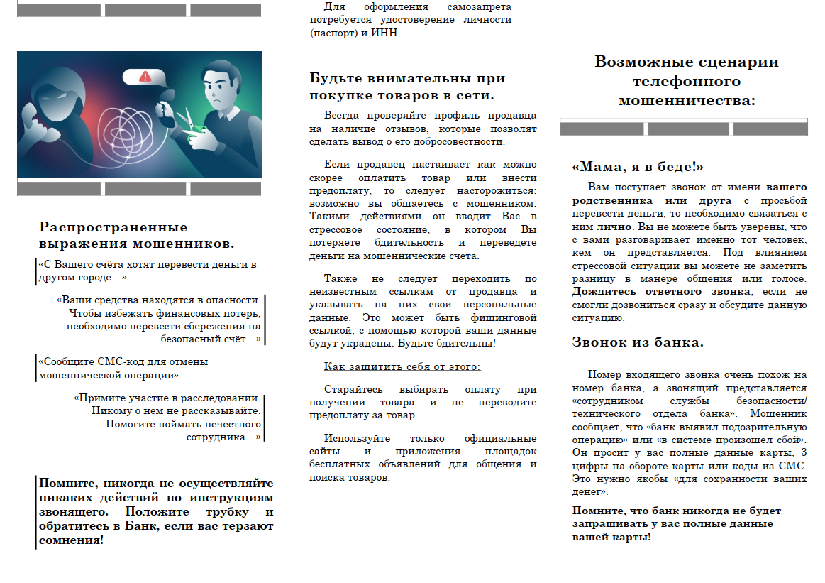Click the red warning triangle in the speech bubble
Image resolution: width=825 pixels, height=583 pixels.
(146, 76)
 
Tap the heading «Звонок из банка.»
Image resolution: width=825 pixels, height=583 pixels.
(638, 342)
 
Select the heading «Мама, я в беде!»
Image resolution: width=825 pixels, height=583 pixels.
(638, 167)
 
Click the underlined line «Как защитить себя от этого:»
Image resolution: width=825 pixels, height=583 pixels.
(402, 366)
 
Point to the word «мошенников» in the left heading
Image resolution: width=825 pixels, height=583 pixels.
(182, 244)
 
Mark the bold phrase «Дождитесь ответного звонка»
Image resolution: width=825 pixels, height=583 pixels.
(661, 292)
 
